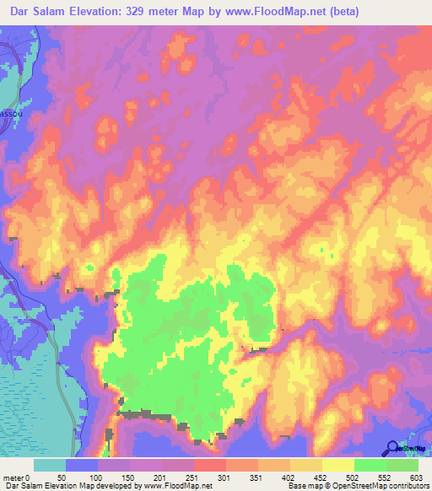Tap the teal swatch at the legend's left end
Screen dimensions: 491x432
click(x=50, y=465)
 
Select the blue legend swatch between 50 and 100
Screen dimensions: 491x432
click(x=82, y=465)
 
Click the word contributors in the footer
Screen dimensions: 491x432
click(x=407, y=486)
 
